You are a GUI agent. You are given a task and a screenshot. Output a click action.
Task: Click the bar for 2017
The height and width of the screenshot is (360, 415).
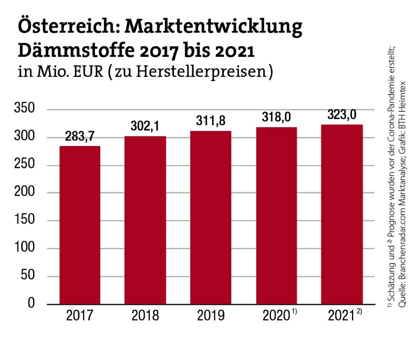coord(80,225)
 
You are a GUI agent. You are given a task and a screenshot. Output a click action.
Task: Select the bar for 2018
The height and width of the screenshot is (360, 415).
coord(145,220)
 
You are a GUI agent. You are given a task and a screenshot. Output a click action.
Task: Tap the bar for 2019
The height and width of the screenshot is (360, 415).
coord(211,217)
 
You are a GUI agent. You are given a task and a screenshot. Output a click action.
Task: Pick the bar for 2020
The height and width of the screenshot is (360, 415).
coord(276,216)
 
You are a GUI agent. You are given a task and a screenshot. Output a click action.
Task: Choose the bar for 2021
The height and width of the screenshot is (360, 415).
coord(342,214)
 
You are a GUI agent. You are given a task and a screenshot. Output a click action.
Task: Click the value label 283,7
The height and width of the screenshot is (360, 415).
coord(80,137)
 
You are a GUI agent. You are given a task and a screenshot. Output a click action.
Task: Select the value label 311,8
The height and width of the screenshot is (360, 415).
coord(211,122)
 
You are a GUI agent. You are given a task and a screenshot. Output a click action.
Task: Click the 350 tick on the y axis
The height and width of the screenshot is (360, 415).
coord(25,109)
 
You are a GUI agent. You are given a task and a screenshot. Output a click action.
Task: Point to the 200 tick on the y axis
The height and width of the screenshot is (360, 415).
coord(25,192)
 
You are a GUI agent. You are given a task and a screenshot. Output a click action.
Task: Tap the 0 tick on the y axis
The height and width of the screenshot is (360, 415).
coord(32,304)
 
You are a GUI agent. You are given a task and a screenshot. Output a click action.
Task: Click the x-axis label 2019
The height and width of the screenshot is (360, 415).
coord(211,316)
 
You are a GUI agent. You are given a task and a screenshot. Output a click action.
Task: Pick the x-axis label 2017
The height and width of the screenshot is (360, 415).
coord(80,316)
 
